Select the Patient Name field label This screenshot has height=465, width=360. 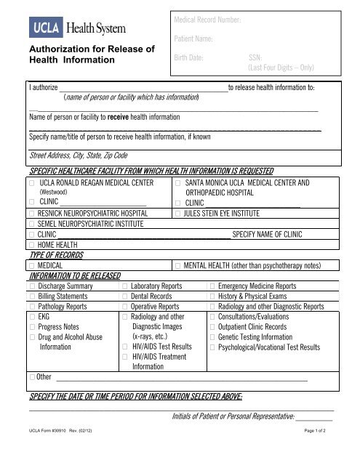(193, 37)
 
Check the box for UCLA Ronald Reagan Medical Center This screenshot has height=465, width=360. (33, 183)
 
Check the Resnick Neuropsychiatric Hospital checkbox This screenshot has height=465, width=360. (33, 214)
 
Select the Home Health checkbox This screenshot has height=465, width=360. (33, 245)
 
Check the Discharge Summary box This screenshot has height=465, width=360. (33, 287)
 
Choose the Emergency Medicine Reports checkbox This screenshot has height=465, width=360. (212, 287)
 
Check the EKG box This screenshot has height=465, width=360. (33, 318)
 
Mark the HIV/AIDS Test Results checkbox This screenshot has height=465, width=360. (125, 348)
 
